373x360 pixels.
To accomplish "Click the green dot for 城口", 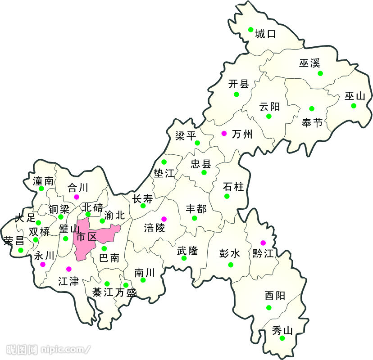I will pyautogui.click(x=251, y=30).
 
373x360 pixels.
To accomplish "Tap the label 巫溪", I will pyautogui.click(x=309, y=63).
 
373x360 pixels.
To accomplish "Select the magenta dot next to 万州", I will pyautogui.click(x=224, y=133).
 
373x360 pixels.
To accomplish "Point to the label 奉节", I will pyautogui.click(x=312, y=122).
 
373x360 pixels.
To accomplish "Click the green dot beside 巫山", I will pyautogui.click(x=354, y=106).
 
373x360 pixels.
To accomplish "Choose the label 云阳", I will pyautogui.click(x=269, y=107).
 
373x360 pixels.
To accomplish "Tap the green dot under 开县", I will pyautogui.click(x=236, y=94).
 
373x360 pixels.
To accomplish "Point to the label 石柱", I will pyautogui.click(x=233, y=186).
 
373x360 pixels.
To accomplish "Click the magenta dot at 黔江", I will pyautogui.click(x=263, y=243).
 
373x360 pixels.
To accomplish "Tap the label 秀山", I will pyautogui.click(x=282, y=330).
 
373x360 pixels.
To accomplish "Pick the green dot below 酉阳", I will pyautogui.click(x=269, y=308).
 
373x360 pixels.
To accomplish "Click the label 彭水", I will pyautogui.click(x=230, y=253).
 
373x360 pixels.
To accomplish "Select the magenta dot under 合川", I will pyautogui.click(x=77, y=197).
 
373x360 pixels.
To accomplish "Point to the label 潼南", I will pyautogui.click(x=43, y=181).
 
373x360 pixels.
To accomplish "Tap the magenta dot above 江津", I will pyautogui.click(x=68, y=269).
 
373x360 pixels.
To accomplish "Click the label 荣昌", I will pyautogui.click(x=14, y=240).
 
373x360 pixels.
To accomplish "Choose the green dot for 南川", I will pyautogui.click(x=143, y=280).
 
